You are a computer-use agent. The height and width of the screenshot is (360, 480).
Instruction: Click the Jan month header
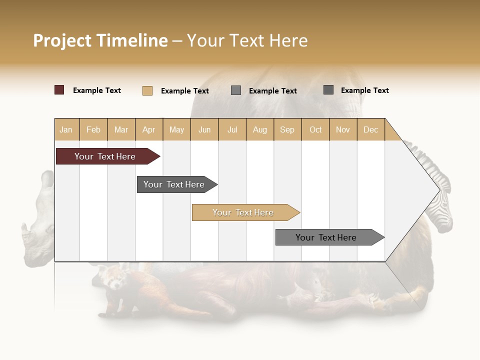coord(66,129)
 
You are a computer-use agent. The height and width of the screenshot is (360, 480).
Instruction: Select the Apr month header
coord(148,129)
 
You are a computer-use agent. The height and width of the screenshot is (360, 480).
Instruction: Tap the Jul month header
coord(232,129)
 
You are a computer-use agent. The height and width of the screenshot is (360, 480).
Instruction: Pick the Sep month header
coord(287,129)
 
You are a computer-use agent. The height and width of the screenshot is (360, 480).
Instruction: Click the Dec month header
coord(370,129)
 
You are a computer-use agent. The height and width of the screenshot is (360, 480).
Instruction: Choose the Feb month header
coord(93,129)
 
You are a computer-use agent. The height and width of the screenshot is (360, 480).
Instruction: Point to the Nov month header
coord(342,129)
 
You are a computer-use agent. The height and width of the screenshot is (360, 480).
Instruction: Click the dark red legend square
coord(59,90)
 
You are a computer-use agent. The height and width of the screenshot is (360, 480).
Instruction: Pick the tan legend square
coord(147,90)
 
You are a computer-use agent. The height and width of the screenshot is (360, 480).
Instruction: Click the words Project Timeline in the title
coord(100,40)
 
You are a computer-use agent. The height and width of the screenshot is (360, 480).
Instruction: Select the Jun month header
coord(204,129)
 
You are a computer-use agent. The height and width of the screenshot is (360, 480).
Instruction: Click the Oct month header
coord(315,129)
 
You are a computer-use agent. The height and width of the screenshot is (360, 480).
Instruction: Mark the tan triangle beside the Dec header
coord(392,133)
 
